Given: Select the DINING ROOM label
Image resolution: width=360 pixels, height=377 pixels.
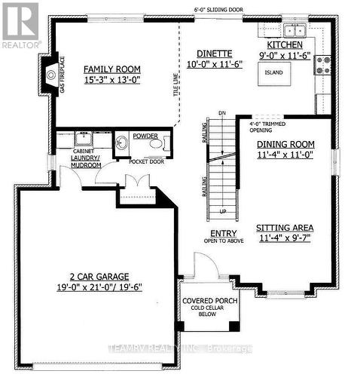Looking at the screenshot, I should (x=285, y=144).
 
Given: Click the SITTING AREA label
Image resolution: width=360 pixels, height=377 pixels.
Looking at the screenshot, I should (x=285, y=227).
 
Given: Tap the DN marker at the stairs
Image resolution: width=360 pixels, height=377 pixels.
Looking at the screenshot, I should (x=221, y=113).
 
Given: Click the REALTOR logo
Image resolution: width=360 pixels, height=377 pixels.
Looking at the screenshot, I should (x=20, y=26).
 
